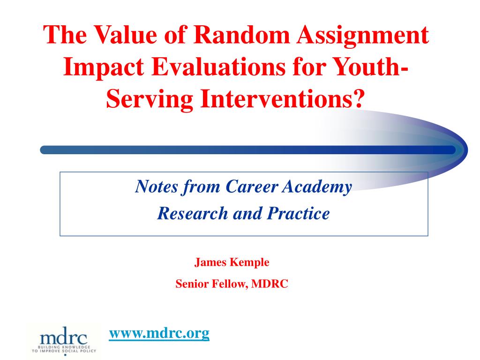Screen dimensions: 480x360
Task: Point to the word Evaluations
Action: click(x=218, y=67)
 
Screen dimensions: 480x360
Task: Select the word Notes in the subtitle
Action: click(x=156, y=186)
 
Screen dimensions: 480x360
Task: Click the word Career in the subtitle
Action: click(x=252, y=186)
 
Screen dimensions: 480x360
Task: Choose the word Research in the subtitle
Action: click(x=192, y=213)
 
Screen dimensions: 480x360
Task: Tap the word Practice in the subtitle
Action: click(x=298, y=213)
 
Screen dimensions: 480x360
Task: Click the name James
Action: click(x=210, y=262)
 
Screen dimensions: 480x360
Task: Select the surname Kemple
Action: click(x=249, y=263)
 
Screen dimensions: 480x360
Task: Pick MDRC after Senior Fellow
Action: click(x=270, y=284)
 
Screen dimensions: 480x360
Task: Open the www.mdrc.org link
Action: click(x=159, y=333)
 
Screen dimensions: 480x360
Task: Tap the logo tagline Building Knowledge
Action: click(x=64, y=347)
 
